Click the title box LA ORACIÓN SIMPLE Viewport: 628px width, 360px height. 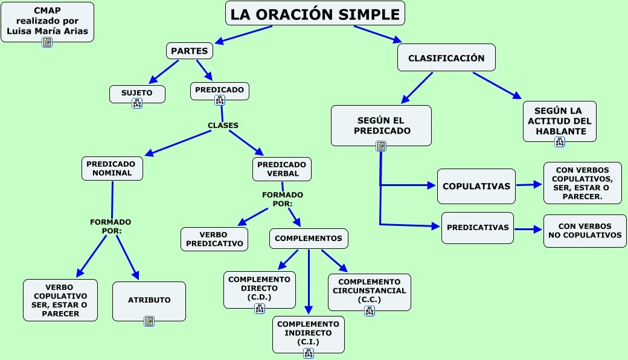pyautogui.click(x=315, y=13)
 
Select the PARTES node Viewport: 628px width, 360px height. pyautogui.click(x=190, y=51)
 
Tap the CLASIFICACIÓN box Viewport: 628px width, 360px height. pyautogui.click(x=446, y=58)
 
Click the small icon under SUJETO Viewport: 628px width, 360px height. pyautogui.click(x=137, y=103)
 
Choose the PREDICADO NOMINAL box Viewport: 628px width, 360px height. pyautogui.click(x=112, y=169)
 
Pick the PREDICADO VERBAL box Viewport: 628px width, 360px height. pyautogui.click(x=282, y=169)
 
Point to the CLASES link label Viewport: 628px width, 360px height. pyautogui.click(x=223, y=126)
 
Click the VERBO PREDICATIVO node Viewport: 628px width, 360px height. pyautogui.click(x=214, y=239)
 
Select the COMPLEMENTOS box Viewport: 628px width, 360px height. pyautogui.click(x=308, y=239)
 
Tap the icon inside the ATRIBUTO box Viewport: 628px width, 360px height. pyautogui.click(x=149, y=321)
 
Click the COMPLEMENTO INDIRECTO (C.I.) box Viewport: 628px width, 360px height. pyautogui.click(x=308, y=333)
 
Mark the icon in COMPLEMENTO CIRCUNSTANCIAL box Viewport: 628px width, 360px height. pyautogui.click(x=369, y=311)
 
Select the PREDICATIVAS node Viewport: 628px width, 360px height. pyautogui.click(x=477, y=228)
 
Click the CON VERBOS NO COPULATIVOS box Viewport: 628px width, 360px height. pyautogui.click(x=585, y=230)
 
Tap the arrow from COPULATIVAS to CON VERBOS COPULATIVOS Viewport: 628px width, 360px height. pyautogui.click(x=530, y=185)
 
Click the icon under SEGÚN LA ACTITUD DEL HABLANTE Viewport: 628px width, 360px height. pyautogui.click(x=559, y=142)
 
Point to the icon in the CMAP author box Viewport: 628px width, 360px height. pyautogui.click(x=47, y=42)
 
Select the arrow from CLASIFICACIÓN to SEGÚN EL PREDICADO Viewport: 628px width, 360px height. pyautogui.click(x=417, y=87)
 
